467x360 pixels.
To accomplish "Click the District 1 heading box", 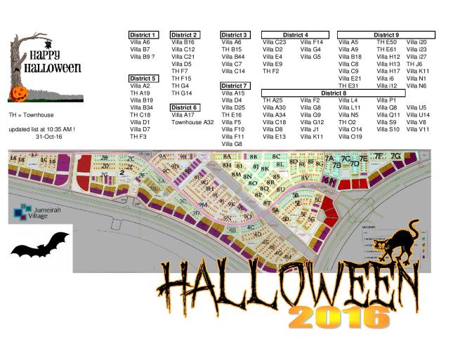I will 143,34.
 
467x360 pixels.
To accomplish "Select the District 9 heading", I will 386,34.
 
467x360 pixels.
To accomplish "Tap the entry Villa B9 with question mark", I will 143,57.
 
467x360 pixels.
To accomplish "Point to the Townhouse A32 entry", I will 192,122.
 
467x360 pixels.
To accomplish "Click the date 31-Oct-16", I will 48,137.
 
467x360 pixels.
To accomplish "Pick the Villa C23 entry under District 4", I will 274,42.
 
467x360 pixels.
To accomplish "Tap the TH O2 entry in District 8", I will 347,122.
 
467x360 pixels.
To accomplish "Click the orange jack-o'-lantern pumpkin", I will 17,93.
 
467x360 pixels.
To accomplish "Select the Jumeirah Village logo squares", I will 23,208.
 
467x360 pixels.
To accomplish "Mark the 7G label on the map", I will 395,156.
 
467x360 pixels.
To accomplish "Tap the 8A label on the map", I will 226,156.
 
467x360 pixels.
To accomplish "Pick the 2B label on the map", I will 104,159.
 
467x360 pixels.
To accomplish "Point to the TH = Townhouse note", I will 31,114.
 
